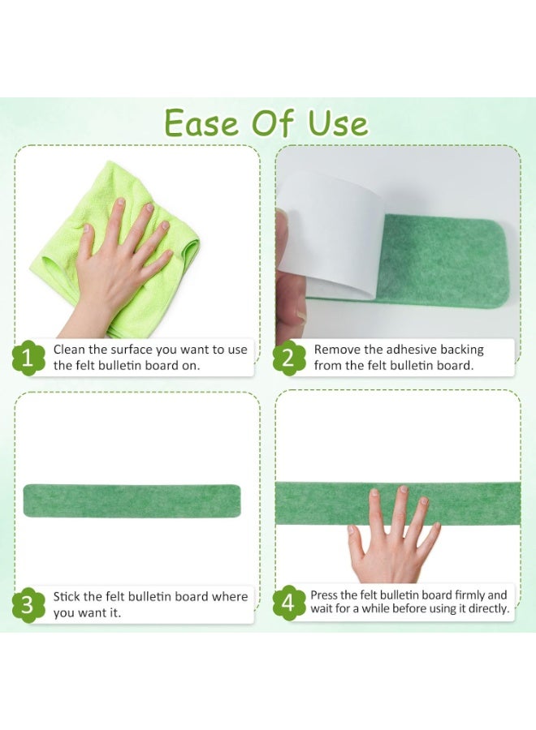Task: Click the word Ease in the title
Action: click(x=200, y=123)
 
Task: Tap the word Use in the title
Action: click(x=338, y=123)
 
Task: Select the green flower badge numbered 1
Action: click(x=28, y=358)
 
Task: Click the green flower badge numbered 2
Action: click(x=289, y=358)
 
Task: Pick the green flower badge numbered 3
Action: click(x=28, y=604)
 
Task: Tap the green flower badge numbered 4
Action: click(x=289, y=604)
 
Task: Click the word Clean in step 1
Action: click(x=70, y=350)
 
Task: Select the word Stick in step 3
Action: click(x=68, y=597)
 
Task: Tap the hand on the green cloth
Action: click(x=122, y=260)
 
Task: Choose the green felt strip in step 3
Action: click(x=132, y=500)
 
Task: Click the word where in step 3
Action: click(x=229, y=597)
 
